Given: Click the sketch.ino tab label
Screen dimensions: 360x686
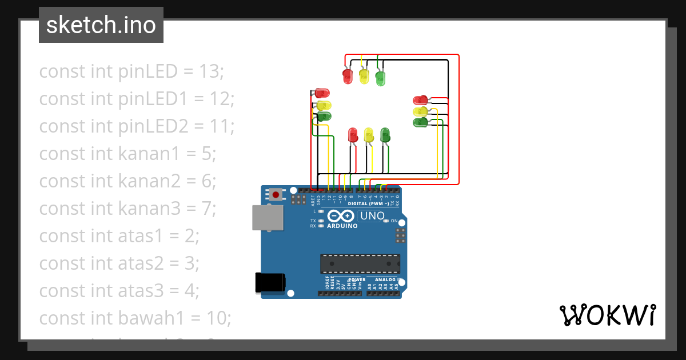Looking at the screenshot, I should click(x=101, y=25).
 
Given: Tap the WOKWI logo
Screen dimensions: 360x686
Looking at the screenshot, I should click(x=607, y=315).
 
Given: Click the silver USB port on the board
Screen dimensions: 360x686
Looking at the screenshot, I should click(x=268, y=218).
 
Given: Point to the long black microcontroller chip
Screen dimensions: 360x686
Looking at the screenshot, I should click(x=360, y=263).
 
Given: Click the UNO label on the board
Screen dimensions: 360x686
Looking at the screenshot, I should click(x=372, y=216).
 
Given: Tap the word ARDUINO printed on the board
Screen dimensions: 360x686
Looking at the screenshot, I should click(x=342, y=226).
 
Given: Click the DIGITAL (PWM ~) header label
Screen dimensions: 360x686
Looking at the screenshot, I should click(x=368, y=203).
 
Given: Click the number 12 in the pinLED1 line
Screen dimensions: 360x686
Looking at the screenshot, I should click(x=220, y=98).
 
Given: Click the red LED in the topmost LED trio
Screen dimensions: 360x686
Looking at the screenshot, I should click(x=347, y=75).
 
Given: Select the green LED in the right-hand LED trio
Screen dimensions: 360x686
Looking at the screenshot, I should click(x=420, y=122).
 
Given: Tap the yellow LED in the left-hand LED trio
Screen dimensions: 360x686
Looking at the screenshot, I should click(x=324, y=105).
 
